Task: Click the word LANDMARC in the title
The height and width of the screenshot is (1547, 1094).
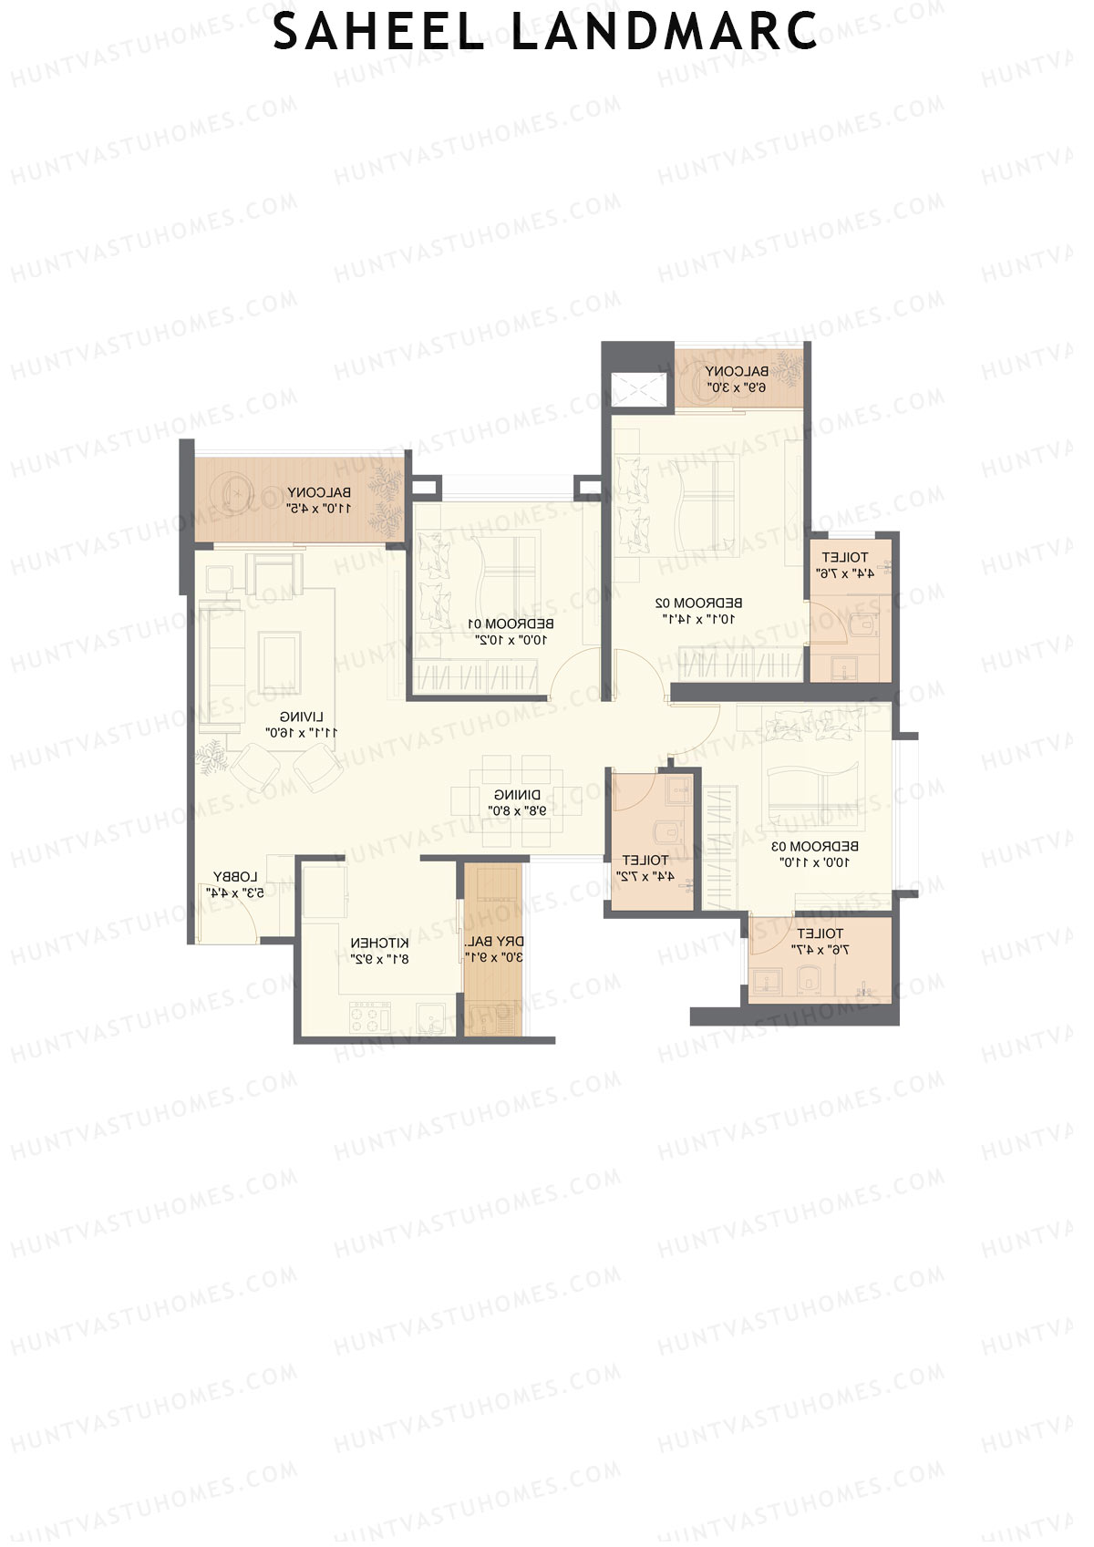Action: click(664, 32)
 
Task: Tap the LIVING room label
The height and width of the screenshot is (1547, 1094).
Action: click(301, 717)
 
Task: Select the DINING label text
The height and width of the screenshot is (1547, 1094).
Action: click(517, 794)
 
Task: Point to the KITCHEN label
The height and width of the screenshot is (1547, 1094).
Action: click(379, 943)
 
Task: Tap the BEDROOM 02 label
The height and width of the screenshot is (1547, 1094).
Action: click(698, 603)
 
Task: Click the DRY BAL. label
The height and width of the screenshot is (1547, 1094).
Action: click(494, 941)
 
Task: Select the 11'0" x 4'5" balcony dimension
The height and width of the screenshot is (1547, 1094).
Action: click(318, 508)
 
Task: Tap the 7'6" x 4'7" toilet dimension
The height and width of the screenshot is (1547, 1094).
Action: click(820, 950)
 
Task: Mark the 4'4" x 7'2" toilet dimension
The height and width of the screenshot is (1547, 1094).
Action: click(645, 876)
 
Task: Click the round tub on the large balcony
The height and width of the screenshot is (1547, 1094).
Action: click(236, 490)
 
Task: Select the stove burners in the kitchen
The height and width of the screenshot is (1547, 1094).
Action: click(370, 1016)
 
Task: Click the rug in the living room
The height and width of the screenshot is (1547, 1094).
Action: click(280, 662)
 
